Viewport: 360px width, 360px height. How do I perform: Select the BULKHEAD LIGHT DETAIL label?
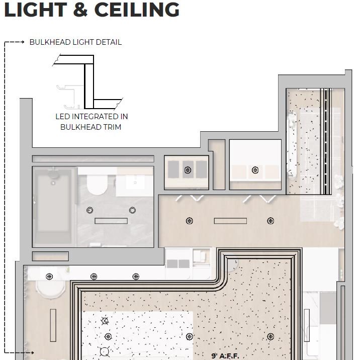tap(75, 42)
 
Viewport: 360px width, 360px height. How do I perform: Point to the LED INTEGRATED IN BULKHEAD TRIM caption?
tap(91, 122)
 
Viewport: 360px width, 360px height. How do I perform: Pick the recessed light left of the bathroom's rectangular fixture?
tap(91, 210)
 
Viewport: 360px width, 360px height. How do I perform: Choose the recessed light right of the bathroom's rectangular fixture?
tap(133, 210)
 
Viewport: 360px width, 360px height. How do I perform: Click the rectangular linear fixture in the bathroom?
tap(111, 221)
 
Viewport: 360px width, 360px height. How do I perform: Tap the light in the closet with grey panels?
tap(188, 170)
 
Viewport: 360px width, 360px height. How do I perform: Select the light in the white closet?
tap(255, 170)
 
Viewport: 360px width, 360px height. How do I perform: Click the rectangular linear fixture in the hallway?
tap(230, 221)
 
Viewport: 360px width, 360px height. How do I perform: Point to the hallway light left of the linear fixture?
tap(190, 221)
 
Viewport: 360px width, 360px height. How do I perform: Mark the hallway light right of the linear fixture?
tap(271, 221)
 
